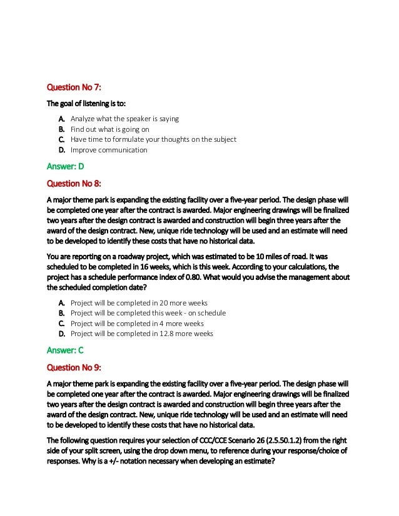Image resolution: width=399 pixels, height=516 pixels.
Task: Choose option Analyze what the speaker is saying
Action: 124,118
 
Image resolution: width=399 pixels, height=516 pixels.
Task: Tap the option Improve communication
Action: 109,150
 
